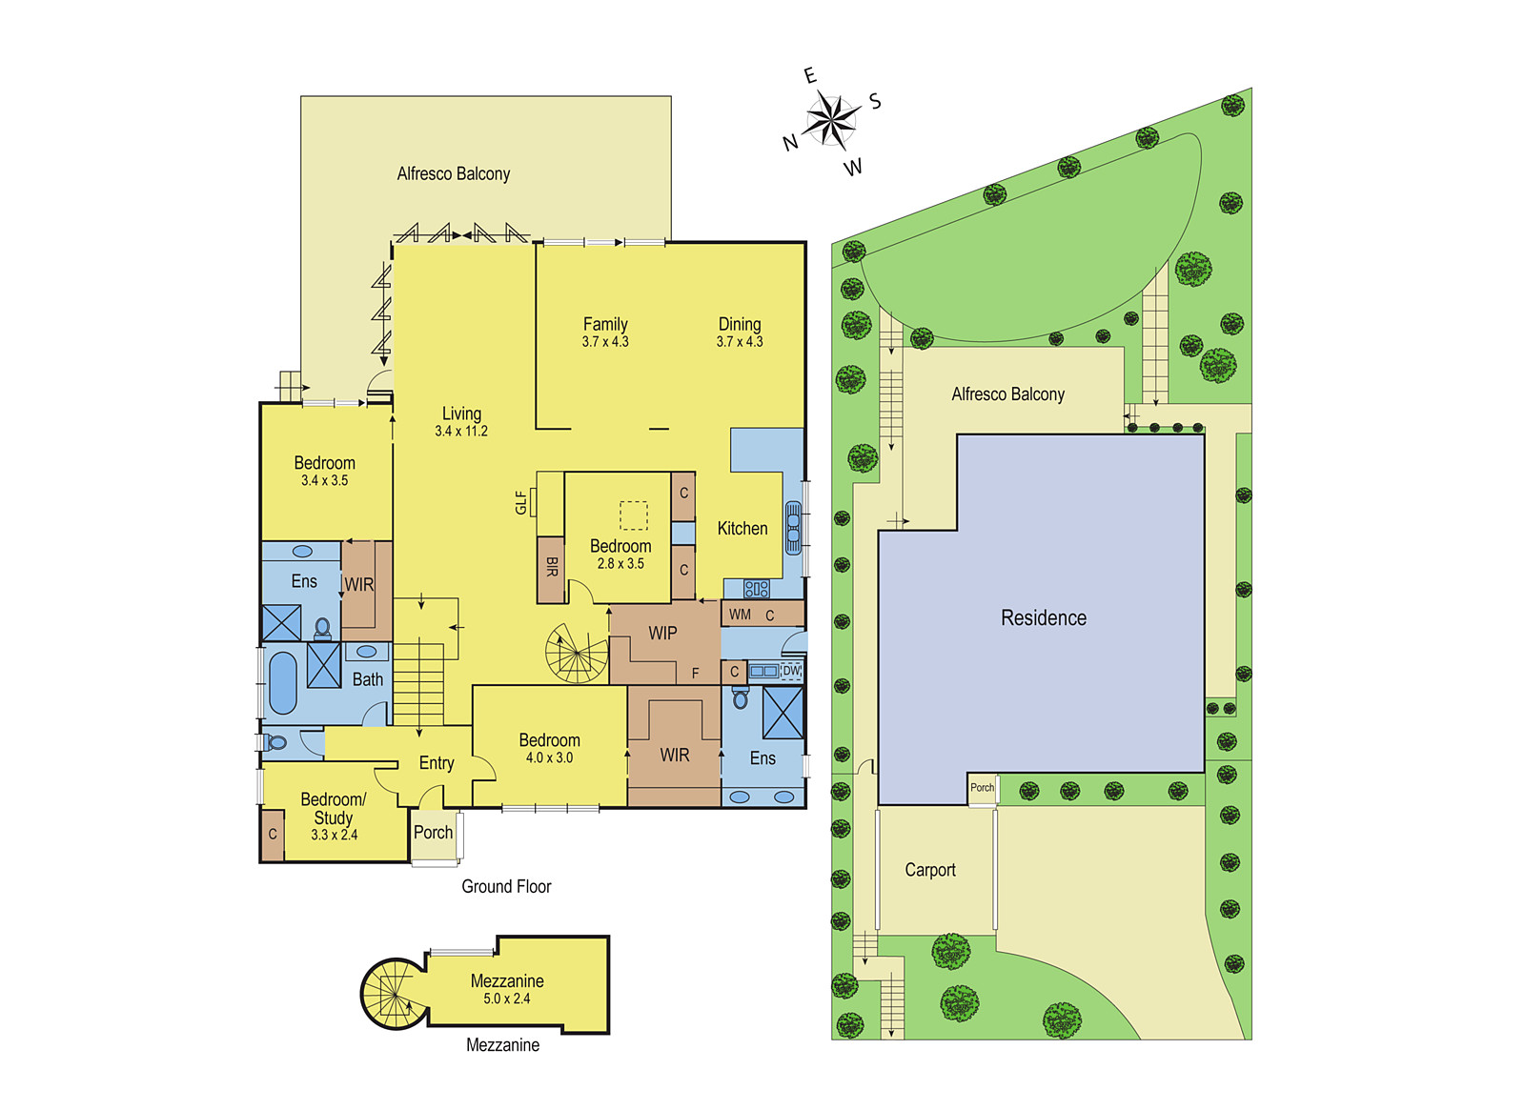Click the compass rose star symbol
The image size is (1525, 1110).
[831, 121]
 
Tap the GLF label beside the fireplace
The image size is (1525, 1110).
[520, 502]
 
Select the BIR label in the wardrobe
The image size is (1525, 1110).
[552, 567]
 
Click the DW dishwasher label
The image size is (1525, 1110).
[790, 671]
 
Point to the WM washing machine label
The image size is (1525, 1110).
[740, 615]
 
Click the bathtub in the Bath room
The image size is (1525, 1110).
[283, 682]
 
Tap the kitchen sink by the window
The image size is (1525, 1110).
[793, 528]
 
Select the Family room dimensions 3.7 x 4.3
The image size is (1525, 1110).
[605, 342]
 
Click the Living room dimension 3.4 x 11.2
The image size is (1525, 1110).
[461, 431]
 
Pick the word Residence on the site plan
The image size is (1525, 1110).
[1043, 618]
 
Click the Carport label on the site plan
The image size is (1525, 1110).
[930, 870]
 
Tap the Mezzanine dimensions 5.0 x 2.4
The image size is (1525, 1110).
[506, 999]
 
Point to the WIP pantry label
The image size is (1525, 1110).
[662, 633]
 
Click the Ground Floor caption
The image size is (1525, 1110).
[506, 886]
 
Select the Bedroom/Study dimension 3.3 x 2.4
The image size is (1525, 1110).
[334, 835]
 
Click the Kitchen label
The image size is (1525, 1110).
[742, 528]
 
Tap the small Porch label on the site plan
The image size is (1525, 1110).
[982, 787]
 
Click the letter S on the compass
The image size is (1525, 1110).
[876, 102]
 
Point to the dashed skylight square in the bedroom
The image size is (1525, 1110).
[633, 515]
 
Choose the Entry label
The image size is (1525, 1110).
[437, 763]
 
